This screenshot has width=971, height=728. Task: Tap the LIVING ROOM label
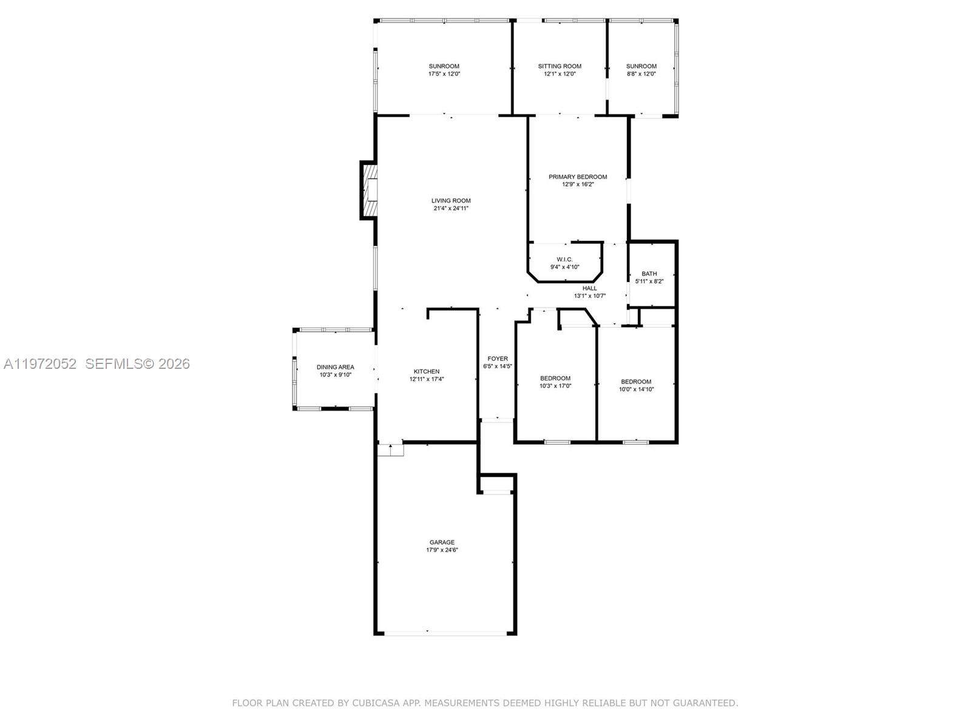click(451, 201)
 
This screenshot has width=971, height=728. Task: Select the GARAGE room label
click(442, 542)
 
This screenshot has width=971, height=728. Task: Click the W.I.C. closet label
click(564, 260)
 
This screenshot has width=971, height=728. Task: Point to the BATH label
click(649, 274)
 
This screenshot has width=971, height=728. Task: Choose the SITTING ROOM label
click(560, 66)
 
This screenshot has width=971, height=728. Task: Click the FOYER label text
click(498, 359)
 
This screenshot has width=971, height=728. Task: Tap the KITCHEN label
click(427, 371)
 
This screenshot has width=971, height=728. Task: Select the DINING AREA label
click(335, 367)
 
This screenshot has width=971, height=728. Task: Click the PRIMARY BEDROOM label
click(578, 177)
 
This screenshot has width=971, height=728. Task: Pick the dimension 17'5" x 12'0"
click(444, 74)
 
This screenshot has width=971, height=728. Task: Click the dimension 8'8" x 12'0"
click(641, 74)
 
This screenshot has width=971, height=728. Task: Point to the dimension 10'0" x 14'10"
click(636, 389)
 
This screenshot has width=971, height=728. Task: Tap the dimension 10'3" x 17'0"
click(555, 386)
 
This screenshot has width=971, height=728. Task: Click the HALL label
click(590, 288)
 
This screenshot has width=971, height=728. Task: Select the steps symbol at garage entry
click(390, 450)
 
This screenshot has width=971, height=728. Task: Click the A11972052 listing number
click(40, 364)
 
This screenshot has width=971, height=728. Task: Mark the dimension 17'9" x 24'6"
click(442, 550)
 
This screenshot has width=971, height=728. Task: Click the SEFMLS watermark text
click(113, 364)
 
